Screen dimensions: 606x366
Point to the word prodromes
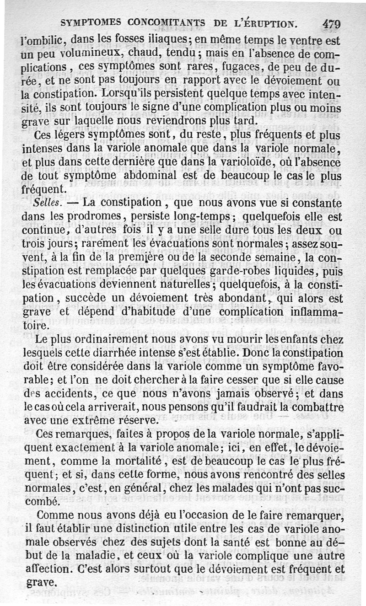(x=94, y=215)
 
